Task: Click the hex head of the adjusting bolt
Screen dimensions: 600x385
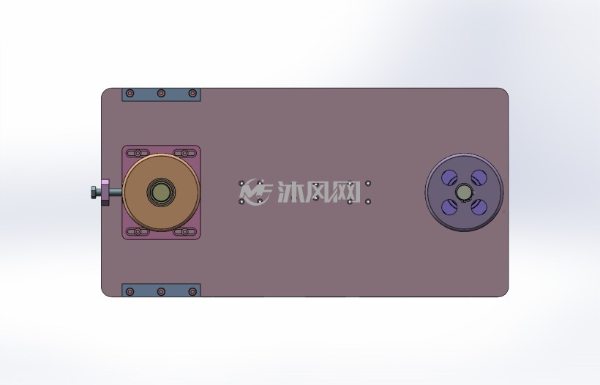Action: point(94,192)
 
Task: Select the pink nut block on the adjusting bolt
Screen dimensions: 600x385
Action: point(105,192)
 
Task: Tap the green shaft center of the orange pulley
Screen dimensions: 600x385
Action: point(161,192)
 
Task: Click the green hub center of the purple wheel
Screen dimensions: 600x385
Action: point(464,191)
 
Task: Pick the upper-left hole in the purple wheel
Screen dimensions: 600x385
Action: point(449,177)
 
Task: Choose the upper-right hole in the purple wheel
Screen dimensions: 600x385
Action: point(479,177)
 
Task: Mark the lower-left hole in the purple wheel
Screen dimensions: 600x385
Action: point(449,207)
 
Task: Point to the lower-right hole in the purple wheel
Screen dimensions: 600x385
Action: point(479,207)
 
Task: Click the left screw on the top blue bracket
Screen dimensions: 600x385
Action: point(130,93)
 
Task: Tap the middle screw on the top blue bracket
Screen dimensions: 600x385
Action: point(161,93)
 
